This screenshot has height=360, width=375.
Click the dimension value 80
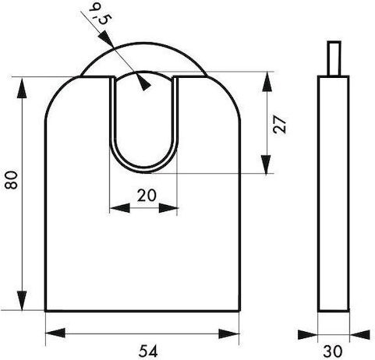(x=12, y=180)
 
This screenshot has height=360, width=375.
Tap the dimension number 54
(x=148, y=351)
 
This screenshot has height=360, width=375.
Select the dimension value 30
(x=333, y=351)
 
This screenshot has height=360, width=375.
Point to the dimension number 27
(x=280, y=125)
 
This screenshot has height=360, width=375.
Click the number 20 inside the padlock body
(x=147, y=196)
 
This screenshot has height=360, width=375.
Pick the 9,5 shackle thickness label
(x=100, y=15)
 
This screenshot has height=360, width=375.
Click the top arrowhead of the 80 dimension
(x=22, y=88)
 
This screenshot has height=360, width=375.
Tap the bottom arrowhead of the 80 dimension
(x=22, y=301)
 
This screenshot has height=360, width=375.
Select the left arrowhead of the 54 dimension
(x=55, y=333)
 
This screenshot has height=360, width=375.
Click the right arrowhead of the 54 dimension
(x=229, y=334)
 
